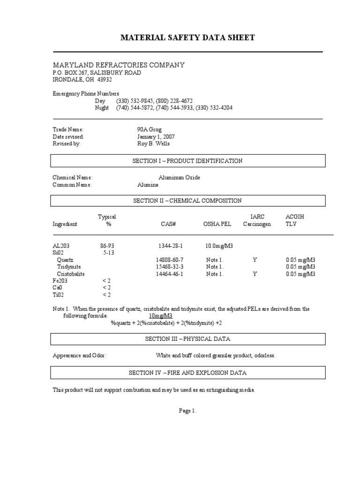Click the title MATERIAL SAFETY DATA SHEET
187,38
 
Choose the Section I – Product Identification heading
187,161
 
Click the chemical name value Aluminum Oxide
179,178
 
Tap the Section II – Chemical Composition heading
187,201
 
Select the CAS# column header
168,224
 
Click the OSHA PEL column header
217,224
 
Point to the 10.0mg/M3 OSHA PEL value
219,246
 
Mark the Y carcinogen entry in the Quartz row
255,260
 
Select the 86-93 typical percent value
107,246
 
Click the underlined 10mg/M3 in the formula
160,316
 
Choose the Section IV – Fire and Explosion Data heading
187,373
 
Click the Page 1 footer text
187,411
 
